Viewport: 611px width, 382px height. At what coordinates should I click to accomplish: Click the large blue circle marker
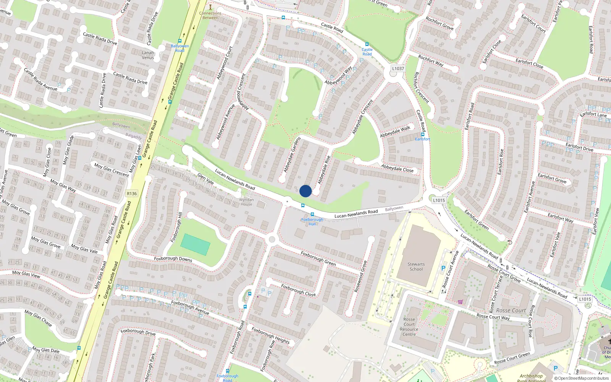[305, 191]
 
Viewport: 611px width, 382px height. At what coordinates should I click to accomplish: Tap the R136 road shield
[132, 194]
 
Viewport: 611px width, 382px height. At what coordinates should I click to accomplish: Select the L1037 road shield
[398, 69]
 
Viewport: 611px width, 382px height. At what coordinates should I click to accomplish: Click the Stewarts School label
[416, 267]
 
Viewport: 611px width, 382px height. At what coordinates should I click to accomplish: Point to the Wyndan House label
[246, 202]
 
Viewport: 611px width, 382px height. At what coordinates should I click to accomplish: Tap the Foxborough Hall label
[312, 222]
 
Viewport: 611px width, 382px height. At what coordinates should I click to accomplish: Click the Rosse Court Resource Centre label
[409, 327]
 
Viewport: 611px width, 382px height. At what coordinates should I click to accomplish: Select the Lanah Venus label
[148, 55]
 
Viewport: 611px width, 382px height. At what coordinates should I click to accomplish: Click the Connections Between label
[210, 15]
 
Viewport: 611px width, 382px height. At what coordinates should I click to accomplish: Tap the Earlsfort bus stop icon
[423, 134]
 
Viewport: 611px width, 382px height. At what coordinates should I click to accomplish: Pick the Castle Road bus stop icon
[367, 45]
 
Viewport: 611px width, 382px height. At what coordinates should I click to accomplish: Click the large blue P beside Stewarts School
[443, 269]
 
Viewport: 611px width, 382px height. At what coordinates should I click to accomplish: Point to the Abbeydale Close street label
[397, 168]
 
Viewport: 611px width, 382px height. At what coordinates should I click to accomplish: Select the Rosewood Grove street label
[360, 277]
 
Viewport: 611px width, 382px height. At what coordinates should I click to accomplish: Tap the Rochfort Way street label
[431, 61]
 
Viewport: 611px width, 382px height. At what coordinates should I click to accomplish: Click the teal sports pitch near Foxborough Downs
[195, 244]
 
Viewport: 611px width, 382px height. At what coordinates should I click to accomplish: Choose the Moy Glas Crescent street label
[112, 170]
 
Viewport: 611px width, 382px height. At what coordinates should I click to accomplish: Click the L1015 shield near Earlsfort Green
[439, 200]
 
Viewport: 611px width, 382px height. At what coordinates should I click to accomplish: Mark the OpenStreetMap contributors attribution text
[584, 379]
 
